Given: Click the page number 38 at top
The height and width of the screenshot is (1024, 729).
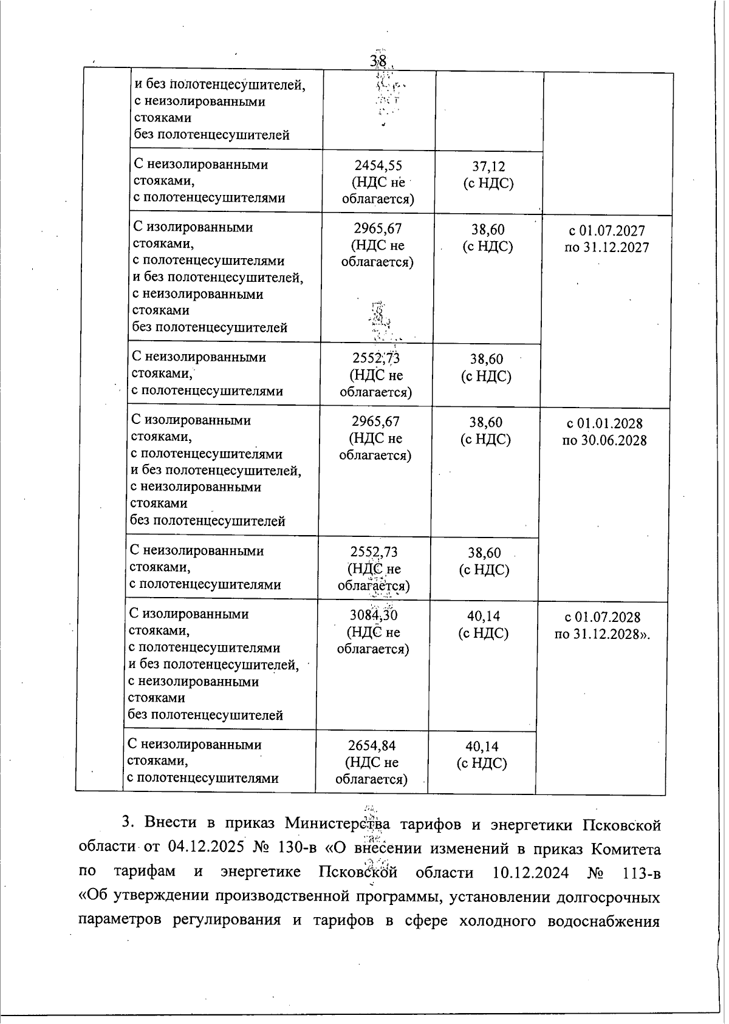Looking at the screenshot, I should tap(378, 61).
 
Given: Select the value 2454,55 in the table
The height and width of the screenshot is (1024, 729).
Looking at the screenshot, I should tap(378, 166).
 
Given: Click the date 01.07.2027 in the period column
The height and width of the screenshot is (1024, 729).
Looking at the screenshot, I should tap(615, 231).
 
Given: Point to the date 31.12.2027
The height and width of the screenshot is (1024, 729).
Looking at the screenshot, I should tap(615, 248).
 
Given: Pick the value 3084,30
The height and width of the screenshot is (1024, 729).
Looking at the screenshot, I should tap(373, 615).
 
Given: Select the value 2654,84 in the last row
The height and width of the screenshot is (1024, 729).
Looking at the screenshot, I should tap(372, 746).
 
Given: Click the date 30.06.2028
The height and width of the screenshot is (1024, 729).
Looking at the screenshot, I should tap(612, 440).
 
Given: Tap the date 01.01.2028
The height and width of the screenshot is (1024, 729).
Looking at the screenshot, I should tap(612, 423).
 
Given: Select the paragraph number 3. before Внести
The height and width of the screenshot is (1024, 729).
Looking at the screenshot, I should tap(128, 823).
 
